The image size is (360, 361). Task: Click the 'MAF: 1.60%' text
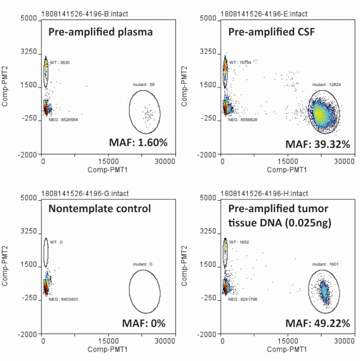click(x=138, y=143)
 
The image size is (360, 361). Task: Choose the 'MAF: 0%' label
click(x=143, y=323)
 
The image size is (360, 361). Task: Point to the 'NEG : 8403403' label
click(x=64, y=299)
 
